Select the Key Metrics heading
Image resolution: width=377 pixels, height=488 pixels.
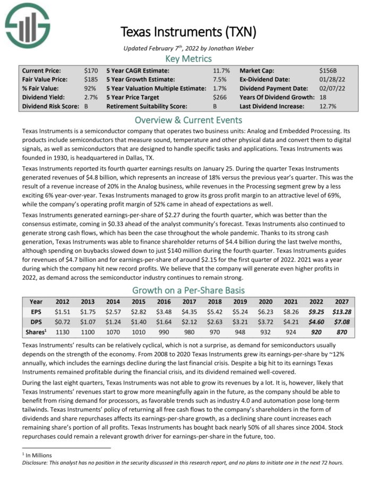click(x=188, y=58)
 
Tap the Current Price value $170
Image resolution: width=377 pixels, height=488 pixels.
click(x=91, y=70)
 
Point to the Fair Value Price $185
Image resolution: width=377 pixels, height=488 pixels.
click(x=91, y=79)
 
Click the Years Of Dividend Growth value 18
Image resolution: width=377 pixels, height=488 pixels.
click(x=323, y=97)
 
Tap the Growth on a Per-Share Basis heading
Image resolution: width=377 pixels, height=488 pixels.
click(x=188, y=290)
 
